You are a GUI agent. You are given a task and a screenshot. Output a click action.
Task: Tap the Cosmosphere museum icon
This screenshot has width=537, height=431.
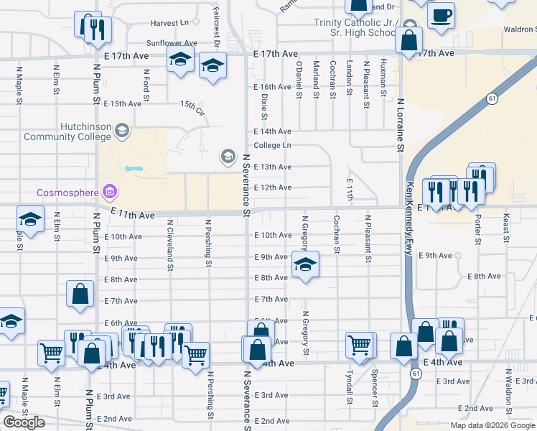click(x=109, y=192)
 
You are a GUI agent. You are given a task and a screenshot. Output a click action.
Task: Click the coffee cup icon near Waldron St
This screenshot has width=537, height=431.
click(x=441, y=14)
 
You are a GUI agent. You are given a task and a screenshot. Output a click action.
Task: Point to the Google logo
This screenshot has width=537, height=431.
click(x=24, y=422)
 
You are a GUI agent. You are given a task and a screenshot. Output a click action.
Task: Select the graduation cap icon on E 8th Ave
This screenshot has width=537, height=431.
click(x=305, y=265)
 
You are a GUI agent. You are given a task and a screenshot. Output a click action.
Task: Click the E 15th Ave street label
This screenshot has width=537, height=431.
click(x=122, y=104)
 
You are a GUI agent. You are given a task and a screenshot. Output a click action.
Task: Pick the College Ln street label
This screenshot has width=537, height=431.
click(x=272, y=145)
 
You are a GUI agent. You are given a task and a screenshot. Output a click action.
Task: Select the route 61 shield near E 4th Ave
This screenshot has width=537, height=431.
click(x=416, y=374)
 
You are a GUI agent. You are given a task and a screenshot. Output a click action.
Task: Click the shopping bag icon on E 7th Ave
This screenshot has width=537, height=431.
click(x=80, y=293)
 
